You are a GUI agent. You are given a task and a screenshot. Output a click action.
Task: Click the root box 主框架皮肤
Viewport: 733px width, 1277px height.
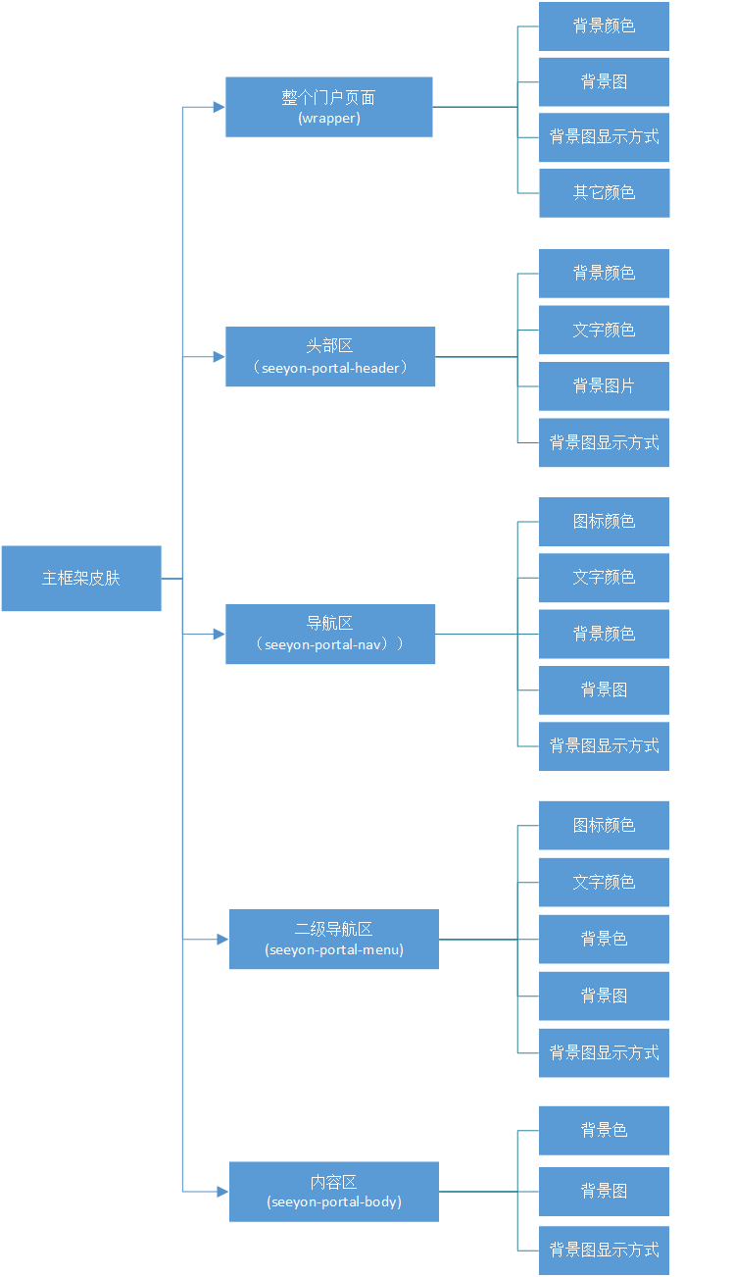[81, 578]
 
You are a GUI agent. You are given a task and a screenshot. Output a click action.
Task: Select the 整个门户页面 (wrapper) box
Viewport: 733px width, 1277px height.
[328, 107]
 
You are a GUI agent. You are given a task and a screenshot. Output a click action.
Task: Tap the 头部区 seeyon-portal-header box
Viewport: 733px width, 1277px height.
[329, 356]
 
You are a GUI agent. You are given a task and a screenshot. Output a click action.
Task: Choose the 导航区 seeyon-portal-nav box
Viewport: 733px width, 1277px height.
[329, 634]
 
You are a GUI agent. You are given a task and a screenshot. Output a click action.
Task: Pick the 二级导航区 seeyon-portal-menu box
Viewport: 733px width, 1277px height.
[333, 939]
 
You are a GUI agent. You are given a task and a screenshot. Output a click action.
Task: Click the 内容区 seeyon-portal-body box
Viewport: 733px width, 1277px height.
[333, 1191]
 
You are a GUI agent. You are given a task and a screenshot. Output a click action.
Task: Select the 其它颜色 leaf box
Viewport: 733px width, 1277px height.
[604, 192]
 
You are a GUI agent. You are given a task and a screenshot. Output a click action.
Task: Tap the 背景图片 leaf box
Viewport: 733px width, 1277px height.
[604, 385]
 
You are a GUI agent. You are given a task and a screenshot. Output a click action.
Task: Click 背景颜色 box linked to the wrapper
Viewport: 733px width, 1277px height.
[604, 26]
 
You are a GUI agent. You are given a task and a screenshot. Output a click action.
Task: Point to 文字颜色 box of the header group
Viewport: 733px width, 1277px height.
[604, 330]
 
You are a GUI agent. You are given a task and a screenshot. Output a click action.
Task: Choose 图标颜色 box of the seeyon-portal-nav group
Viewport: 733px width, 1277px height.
[604, 521]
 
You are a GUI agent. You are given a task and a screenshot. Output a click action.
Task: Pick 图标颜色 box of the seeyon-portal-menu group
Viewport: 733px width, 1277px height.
[604, 825]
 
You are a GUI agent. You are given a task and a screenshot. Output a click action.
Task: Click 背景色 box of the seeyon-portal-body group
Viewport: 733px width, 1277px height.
[604, 1130]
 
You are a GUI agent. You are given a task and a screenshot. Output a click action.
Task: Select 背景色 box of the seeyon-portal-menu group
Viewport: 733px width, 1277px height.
[604, 939]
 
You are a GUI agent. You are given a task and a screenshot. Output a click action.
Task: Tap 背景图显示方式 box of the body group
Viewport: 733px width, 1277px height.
[604, 1250]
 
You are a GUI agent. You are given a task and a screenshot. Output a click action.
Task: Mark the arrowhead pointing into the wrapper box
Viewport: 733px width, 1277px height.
[220, 107]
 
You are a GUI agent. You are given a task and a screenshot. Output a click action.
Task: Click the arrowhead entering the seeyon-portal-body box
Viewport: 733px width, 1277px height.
[222, 1191]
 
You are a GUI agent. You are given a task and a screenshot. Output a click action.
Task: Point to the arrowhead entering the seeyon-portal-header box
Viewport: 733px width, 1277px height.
[220, 356]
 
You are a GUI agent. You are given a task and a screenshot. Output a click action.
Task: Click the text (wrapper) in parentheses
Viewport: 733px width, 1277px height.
[329, 119]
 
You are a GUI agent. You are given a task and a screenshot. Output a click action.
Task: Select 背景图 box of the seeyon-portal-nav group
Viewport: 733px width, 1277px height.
[604, 690]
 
